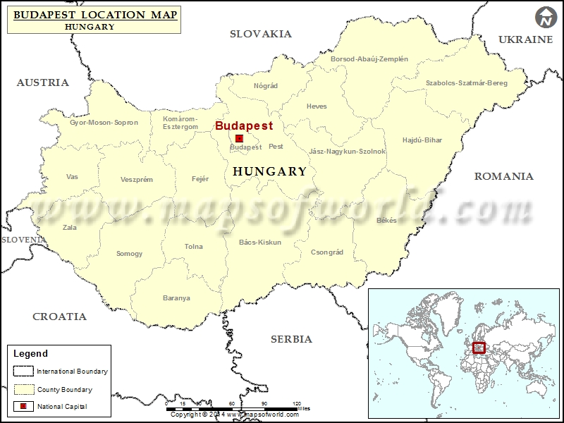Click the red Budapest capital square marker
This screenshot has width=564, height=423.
tap(239, 139)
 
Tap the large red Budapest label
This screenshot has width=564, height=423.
tap(244, 125)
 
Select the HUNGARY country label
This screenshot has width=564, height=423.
tap(269, 171)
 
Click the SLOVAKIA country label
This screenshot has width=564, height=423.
tap(261, 34)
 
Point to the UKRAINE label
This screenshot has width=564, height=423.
tap(526, 39)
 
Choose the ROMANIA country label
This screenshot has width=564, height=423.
tap(503, 176)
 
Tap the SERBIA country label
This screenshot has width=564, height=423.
tap(291, 339)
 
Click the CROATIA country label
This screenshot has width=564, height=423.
tap(60, 317)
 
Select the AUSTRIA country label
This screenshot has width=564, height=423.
tap(43, 82)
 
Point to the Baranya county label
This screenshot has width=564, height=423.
tap(176, 298)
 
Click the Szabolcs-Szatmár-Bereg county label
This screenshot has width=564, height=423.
tap(467, 83)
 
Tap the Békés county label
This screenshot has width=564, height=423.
tap(387, 220)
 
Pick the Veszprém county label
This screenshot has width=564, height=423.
tap(137, 180)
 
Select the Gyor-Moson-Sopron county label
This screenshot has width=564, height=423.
tap(104, 123)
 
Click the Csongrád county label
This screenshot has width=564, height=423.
tap(327, 252)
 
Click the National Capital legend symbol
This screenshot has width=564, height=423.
tap(24, 407)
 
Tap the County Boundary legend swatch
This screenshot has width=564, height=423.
tap(24, 389)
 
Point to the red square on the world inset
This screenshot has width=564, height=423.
tap(479, 348)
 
